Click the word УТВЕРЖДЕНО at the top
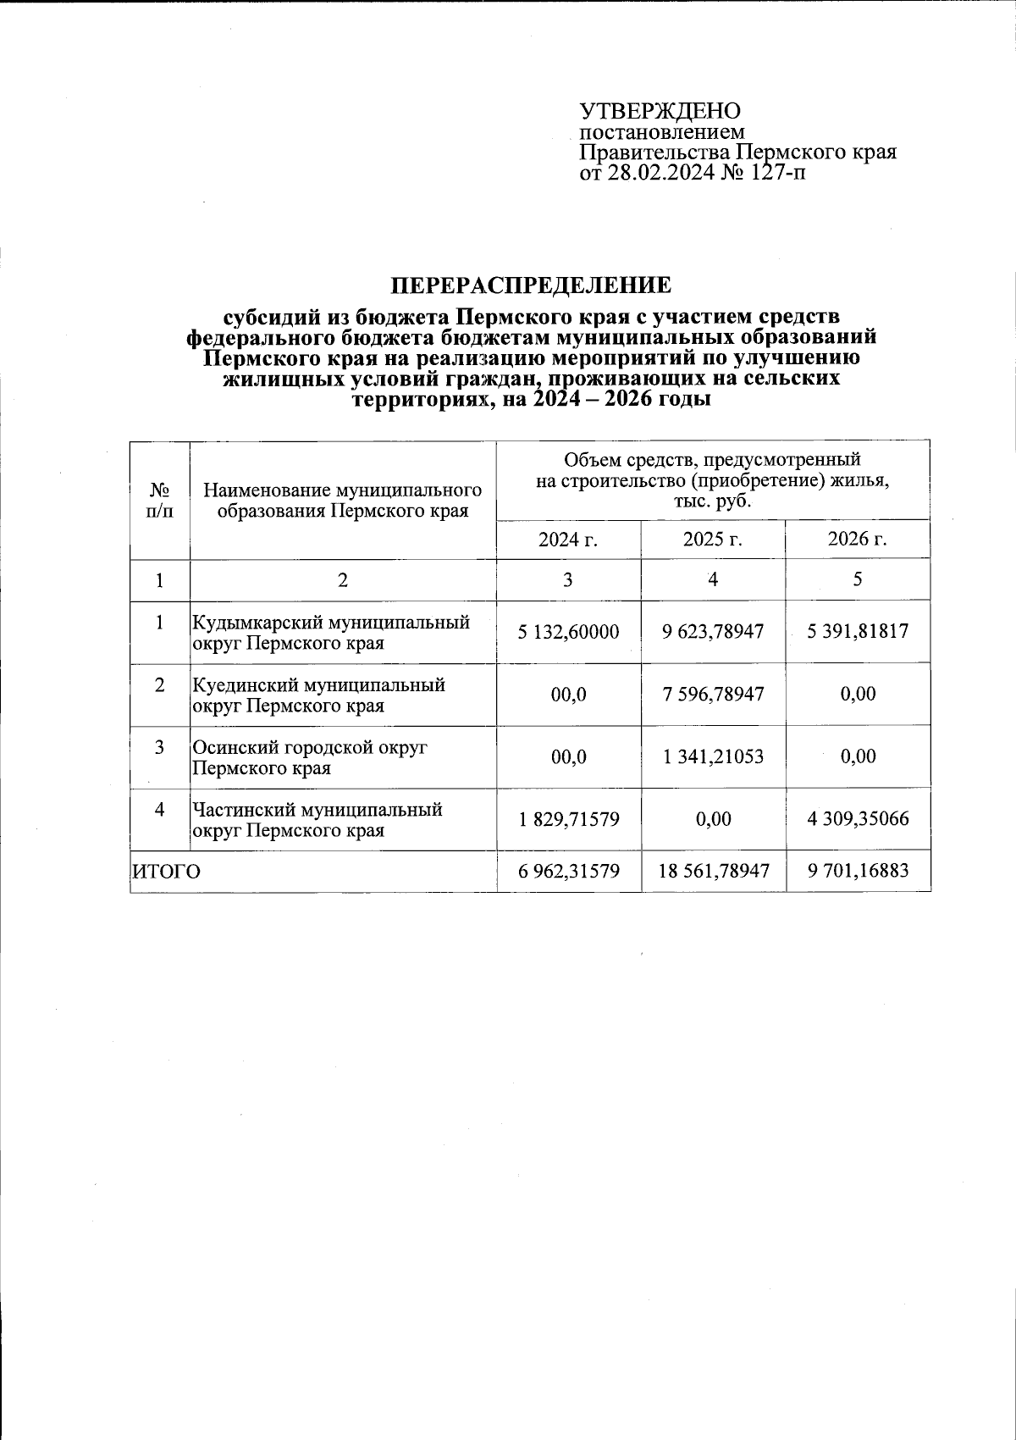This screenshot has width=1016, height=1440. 660,112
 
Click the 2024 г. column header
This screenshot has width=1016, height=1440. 568,540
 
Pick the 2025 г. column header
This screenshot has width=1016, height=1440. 713,540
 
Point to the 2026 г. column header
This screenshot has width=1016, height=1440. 858,540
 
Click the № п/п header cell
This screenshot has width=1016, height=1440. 160,501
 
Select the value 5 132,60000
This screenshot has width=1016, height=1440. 568,632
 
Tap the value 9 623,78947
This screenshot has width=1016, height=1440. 713,632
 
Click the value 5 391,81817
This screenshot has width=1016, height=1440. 858,632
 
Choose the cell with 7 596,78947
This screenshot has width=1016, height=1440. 713,695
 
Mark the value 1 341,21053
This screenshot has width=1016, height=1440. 713,756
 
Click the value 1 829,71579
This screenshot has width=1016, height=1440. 568,819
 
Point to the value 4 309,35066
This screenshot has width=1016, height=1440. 858,819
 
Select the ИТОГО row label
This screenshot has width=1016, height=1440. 167,872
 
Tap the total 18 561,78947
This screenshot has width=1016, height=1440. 713,872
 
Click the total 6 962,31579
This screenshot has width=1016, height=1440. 568,872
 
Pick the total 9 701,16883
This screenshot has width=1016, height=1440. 858,872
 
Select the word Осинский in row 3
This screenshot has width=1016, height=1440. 231,748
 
